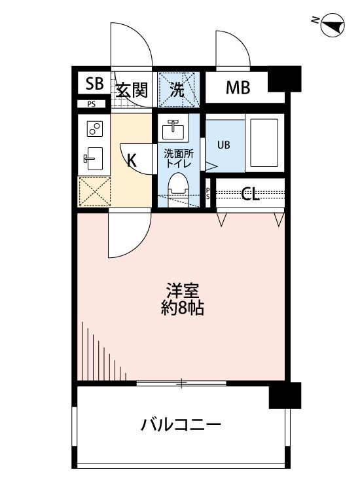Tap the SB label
click(94, 83)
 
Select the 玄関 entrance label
click(132, 90)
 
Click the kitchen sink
click(93, 157)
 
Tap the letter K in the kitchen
click(132, 160)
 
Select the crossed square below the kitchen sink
click(94, 191)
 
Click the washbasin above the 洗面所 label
click(173, 130)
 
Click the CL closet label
click(249, 194)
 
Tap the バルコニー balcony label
click(181, 426)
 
